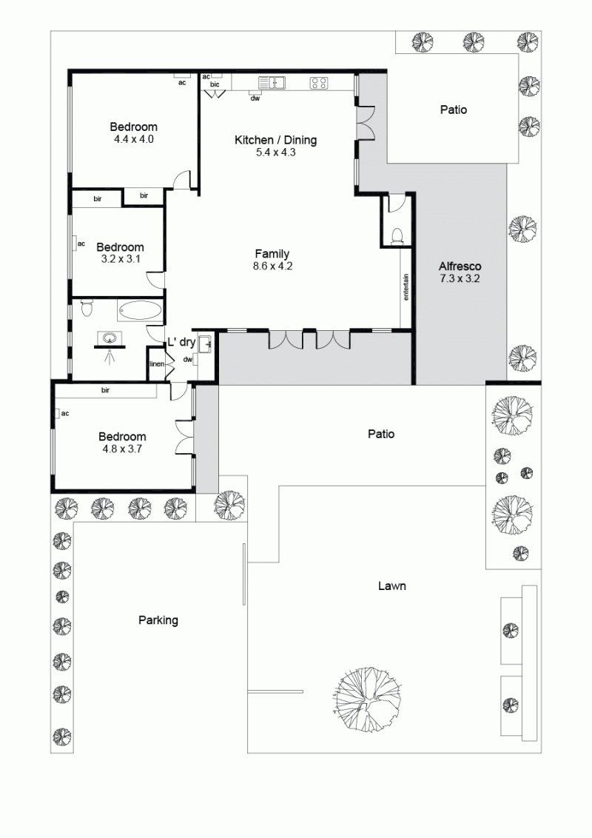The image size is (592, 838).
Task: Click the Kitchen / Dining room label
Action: click(276, 140)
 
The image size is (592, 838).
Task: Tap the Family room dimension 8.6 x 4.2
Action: click(272, 266)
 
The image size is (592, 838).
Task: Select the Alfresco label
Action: click(460, 267)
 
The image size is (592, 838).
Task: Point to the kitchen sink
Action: click(272, 83)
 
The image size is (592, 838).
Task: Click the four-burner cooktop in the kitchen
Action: click(319, 83)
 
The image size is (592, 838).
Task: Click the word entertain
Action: click(406, 287)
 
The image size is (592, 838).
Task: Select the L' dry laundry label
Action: click(181, 343)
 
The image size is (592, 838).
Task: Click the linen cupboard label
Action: click(157, 364)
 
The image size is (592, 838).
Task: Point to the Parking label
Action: click(158, 620)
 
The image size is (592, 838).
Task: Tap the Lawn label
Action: click(392, 586)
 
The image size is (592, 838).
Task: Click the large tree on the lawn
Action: click(368, 700)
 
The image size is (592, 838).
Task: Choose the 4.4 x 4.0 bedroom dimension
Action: click(134, 139)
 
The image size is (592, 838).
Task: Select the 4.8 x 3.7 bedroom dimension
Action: click(122, 449)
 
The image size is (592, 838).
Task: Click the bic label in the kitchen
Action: click(215, 84)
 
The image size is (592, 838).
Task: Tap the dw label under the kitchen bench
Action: click(255, 98)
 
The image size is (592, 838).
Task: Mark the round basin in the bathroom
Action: click(110, 338)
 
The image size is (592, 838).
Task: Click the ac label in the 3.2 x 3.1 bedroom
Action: click(81, 244)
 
